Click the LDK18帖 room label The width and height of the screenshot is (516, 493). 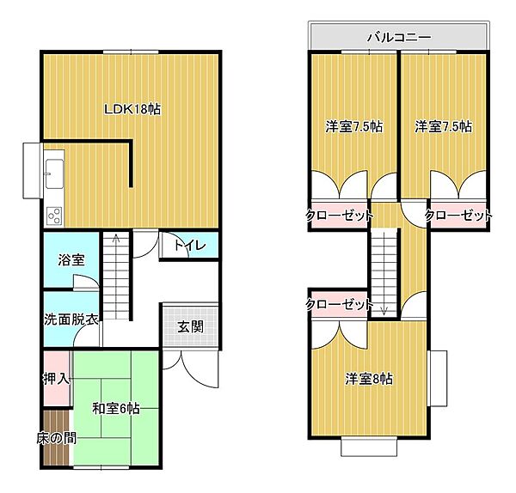[x=133, y=109]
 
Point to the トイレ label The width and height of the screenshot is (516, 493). [x=189, y=246]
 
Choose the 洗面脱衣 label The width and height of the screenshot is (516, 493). [x=71, y=319]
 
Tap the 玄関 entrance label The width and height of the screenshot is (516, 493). [x=190, y=326]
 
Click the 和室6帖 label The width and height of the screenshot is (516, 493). [x=117, y=408]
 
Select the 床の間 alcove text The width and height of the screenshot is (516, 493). [x=56, y=438]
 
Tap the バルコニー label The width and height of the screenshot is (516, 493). [x=398, y=37]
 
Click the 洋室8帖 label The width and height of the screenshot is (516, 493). [x=370, y=378]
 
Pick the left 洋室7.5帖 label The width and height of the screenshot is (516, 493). [x=353, y=126]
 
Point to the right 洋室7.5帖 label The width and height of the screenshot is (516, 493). [x=443, y=126]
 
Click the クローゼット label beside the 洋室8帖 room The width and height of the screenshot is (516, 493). [x=339, y=304]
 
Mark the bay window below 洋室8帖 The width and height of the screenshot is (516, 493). [x=370, y=447]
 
